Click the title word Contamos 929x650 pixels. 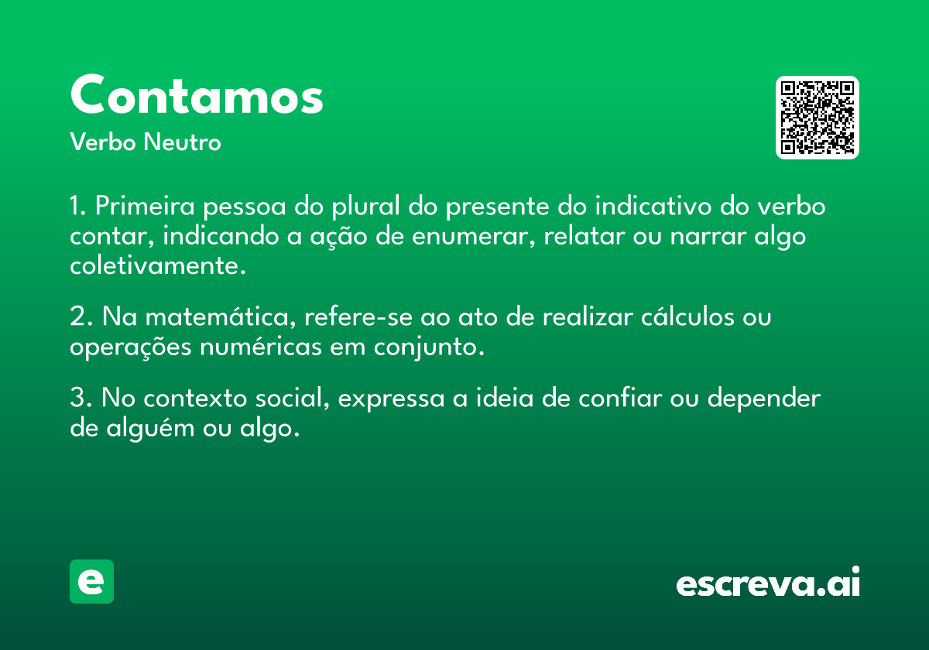(197, 94)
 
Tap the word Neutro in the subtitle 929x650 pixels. (182, 142)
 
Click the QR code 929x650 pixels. (817, 118)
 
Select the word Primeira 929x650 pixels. (145, 206)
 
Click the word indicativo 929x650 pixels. (653, 205)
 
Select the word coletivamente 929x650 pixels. (158, 265)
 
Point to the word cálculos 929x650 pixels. (688, 316)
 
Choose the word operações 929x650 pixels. (131, 347)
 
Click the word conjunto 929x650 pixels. (429, 347)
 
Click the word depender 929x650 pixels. (764, 399)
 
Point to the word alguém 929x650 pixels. (150, 428)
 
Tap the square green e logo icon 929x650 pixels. (91, 581)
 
